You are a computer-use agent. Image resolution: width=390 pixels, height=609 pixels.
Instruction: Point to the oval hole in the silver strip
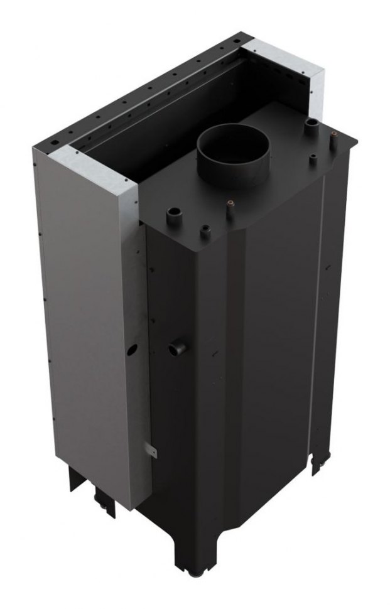point(132,347)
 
